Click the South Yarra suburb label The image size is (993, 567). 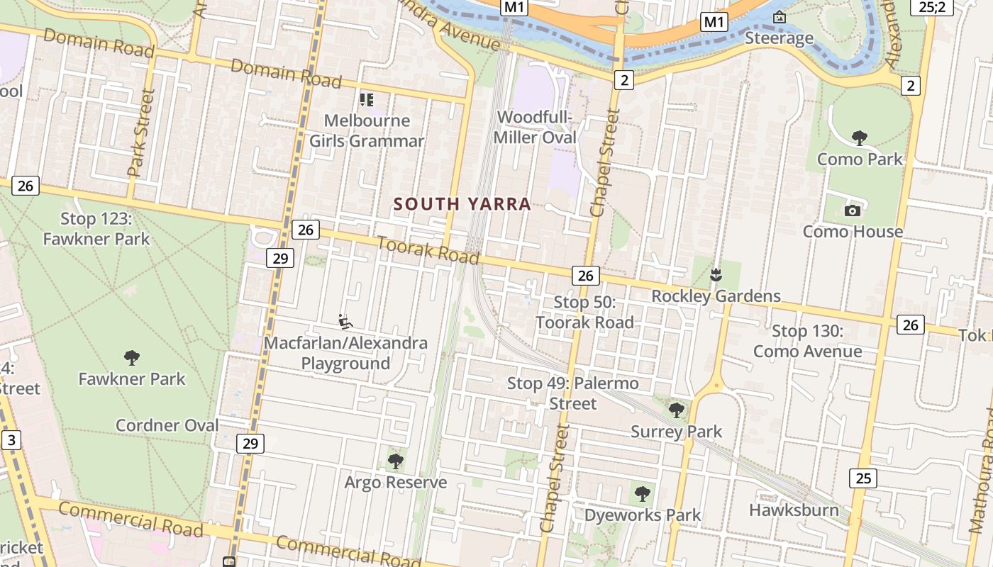pos(462,204)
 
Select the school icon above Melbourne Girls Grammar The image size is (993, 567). pos(366,99)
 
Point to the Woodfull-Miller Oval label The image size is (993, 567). pos(535,128)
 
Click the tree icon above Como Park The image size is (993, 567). pos(860,137)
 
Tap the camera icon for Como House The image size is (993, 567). pos(853,210)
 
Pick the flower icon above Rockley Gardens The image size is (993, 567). pos(716,274)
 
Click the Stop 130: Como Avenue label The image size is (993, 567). pos(807,341)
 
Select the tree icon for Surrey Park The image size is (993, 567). pos(677,410)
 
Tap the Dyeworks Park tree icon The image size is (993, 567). pos(643,493)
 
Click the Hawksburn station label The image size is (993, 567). pos(794,510)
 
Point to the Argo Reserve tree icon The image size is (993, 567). pos(396,461)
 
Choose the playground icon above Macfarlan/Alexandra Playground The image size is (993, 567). pos(345,322)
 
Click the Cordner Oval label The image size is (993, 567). pos(167,425)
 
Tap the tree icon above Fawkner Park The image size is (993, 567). pos(131,357)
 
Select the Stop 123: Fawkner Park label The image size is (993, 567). pos(96,228)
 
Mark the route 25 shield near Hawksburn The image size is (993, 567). pos(863,478)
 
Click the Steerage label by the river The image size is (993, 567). pos(779,38)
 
